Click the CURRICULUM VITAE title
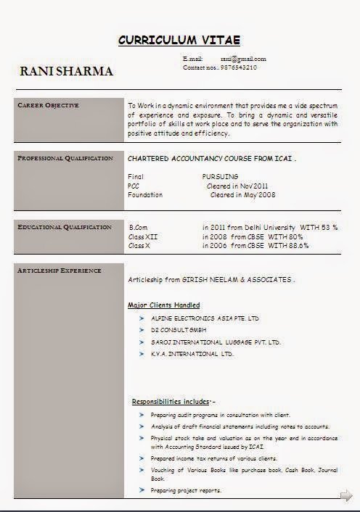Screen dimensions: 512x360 coord(179,40)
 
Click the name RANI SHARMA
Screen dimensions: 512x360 coord(66,71)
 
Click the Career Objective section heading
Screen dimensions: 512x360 coord(48,106)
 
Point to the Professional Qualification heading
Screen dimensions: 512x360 coord(65,158)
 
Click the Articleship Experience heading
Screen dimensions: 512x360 coord(60,271)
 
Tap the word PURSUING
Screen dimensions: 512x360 coord(220,176)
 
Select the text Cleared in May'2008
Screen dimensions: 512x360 coord(242,195)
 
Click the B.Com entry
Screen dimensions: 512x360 coord(138,228)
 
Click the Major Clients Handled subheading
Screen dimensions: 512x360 coord(164,305)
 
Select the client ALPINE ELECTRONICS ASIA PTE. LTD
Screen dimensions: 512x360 coord(205,318)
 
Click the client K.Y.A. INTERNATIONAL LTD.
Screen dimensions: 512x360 coord(192,354)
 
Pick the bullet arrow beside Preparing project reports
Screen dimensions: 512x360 coord(142,491)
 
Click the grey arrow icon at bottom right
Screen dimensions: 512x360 coord(345,496)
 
